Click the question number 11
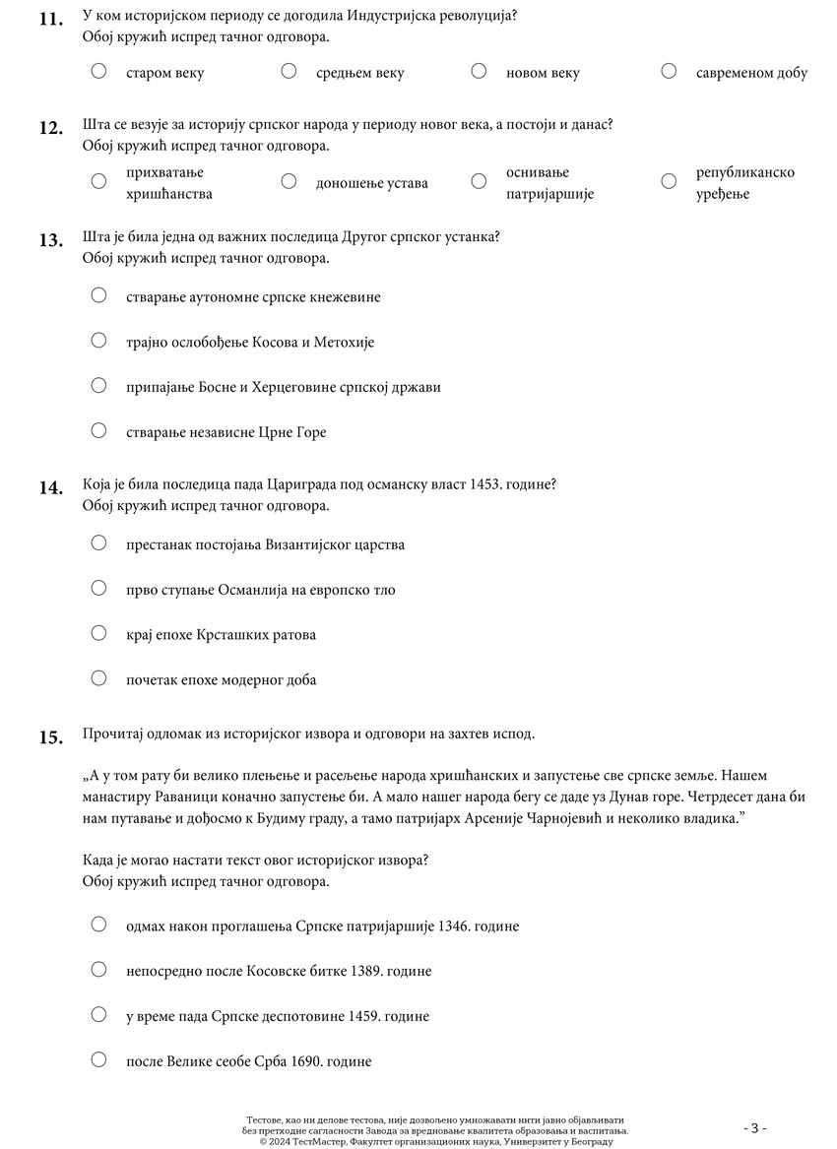click(x=51, y=18)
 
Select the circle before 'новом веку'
click(x=479, y=71)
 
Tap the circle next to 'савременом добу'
click(x=669, y=71)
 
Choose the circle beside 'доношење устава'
click(x=289, y=181)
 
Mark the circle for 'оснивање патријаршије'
click(x=479, y=181)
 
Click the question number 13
click(x=51, y=239)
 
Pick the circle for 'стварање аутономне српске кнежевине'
click(x=98, y=295)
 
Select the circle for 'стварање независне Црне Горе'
click(x=98, y=430)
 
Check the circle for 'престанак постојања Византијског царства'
click(x=98, y=543)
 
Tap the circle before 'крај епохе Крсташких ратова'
click(x=98, y=633)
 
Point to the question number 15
click(x=51, y=735)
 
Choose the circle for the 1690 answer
click(x=98, y=1060)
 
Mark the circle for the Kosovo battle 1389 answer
click(x=98, y=970)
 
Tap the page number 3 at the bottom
click(x=754, y=1128)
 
